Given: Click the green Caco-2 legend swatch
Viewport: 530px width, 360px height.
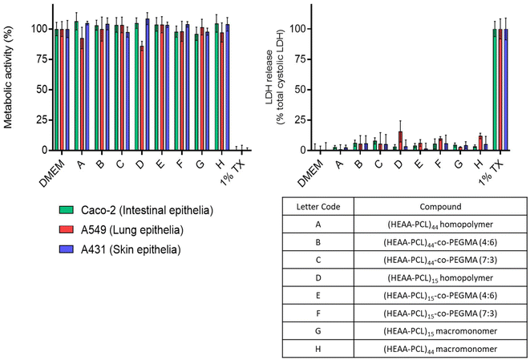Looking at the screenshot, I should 66,210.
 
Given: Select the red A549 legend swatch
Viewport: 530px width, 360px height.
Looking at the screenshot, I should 66,231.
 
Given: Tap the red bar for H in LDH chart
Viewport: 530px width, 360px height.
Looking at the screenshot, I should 480,143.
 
